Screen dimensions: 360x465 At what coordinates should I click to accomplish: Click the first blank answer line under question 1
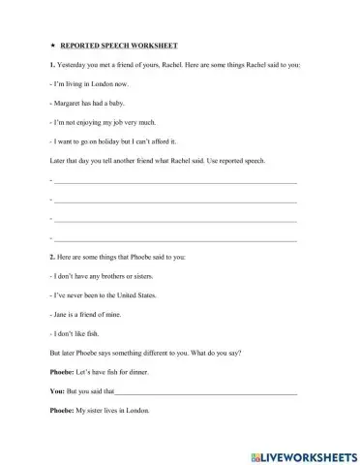click(x=174, y=181)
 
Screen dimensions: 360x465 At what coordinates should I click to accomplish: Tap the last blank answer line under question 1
click(x=174, y=238)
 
